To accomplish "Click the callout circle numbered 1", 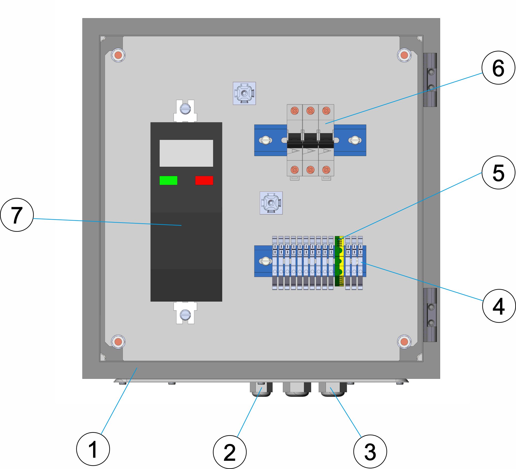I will [x=93, y=449].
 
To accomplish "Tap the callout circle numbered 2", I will [x=230, y=452].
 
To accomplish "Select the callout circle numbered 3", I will [x=370, y=451].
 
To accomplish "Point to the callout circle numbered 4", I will [x=499, y=306].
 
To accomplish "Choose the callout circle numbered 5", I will [x=498, y=172].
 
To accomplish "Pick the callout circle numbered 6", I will [x=498, y=68].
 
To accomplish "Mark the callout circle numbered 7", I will [x=17, y=215].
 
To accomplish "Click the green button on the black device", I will [x=168, y=180].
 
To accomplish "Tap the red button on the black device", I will [x=204, y=180].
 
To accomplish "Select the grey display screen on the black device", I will [x=186, y=153].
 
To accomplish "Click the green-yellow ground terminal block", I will [x=339, y=261].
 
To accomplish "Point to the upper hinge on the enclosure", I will [x=430, y=80].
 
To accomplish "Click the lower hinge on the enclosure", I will [x=430, y=315].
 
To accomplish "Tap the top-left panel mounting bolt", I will [x=118, y=55].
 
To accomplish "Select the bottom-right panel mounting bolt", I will [x=404, y=342].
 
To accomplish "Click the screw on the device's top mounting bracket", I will [x=185, y=109].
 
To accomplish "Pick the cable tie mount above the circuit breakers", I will [x=244, y=93].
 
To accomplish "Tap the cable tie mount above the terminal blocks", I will [x=271, y=203].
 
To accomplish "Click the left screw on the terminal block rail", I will [x=265, y=261].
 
